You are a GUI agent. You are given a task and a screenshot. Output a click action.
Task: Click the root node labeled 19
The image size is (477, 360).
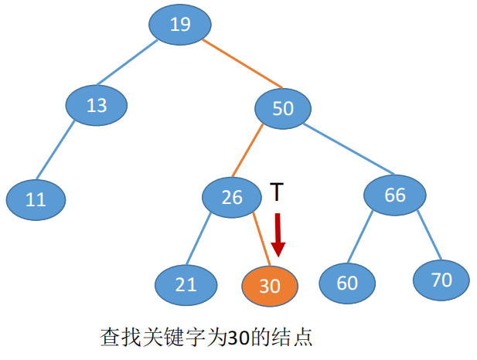pyautogui.click(x=180, y=25)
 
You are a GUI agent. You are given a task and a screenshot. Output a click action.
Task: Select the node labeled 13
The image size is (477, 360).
pyautogui.click(x=97, y=104)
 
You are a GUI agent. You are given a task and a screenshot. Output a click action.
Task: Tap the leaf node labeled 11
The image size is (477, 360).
pyautogui.click(x=36, y=199)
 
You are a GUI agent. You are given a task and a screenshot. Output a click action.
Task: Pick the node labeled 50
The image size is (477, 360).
pyautogui.click(x=282, y=107)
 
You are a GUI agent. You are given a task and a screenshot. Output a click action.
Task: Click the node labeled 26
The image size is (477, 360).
pyautogui.click(x=232, y=197)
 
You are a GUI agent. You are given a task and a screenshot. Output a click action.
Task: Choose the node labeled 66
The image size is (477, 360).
pyautogui.click(x=394, y=195)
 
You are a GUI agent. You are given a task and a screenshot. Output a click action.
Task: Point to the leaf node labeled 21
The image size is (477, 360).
pyautogui.click(x=185, y=284)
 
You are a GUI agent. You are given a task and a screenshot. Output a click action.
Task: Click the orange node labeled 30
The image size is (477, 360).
pyautogui.click(x=269, y=286)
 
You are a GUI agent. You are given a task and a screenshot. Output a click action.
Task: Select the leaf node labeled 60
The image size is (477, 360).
pyautogui.click(x=347, y=283)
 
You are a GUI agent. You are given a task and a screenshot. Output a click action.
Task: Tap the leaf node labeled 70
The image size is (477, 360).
pyautogui.click(x=441, y=279)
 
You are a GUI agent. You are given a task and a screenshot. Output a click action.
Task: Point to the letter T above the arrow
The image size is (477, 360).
pyautogui.click(x=278, y=192)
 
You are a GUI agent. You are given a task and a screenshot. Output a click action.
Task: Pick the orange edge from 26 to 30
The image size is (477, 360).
pyautogui.click(x=261, y=239)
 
